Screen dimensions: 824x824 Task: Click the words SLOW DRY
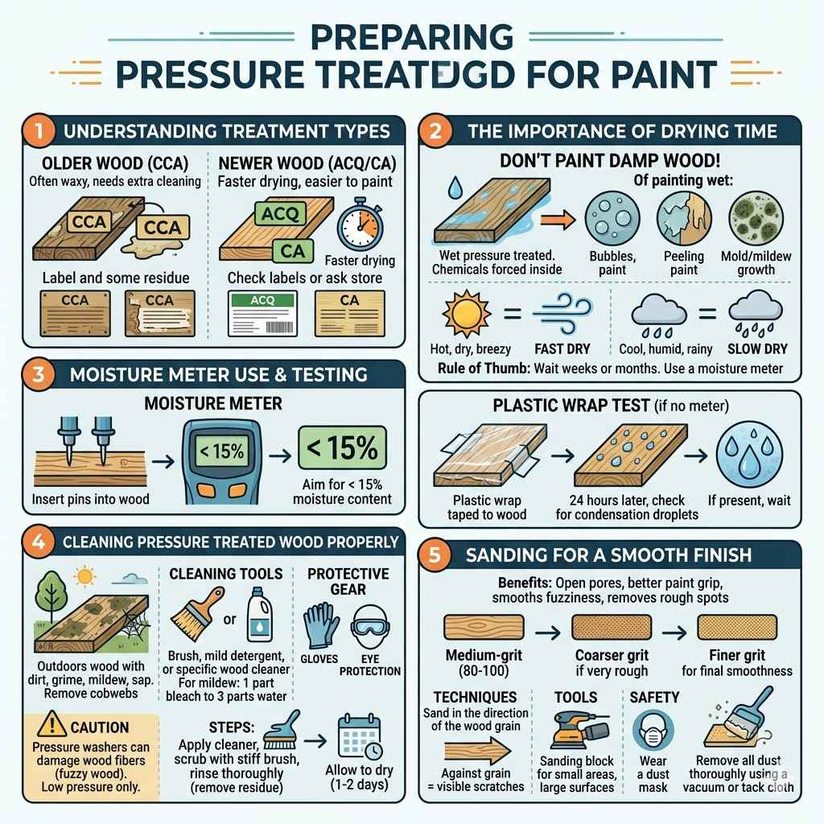point(758,349)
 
